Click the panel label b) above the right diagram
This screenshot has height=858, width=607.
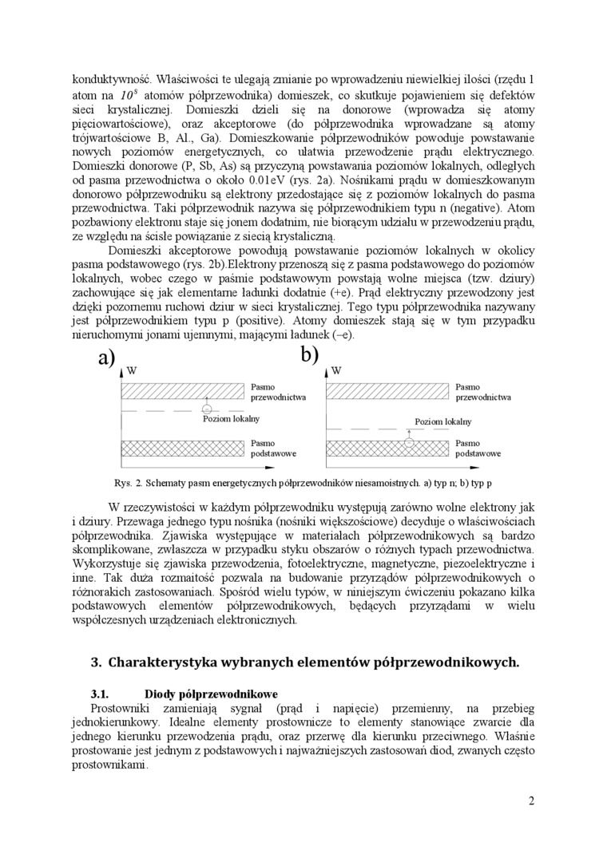[x=310, y=354]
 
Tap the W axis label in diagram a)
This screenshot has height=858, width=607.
[x=132, y=371]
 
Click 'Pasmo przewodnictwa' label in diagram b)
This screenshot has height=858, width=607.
[x=482, y=391]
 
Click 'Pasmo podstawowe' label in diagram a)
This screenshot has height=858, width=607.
[x=273, y=448]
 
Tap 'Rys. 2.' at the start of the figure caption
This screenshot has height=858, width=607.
[x=128, y=483]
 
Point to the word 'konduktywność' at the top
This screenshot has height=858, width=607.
[x=110, y=79]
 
